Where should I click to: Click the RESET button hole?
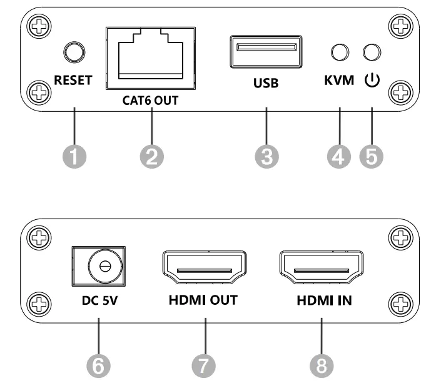pos(74,51)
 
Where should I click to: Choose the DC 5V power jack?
pos(98,267)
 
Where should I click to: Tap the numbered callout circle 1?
pos(74,157)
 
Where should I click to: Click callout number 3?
pos(266,157)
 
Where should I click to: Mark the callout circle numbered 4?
pos(339,157)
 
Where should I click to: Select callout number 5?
pos(372,157)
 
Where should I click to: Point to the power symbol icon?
pos(372,80)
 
